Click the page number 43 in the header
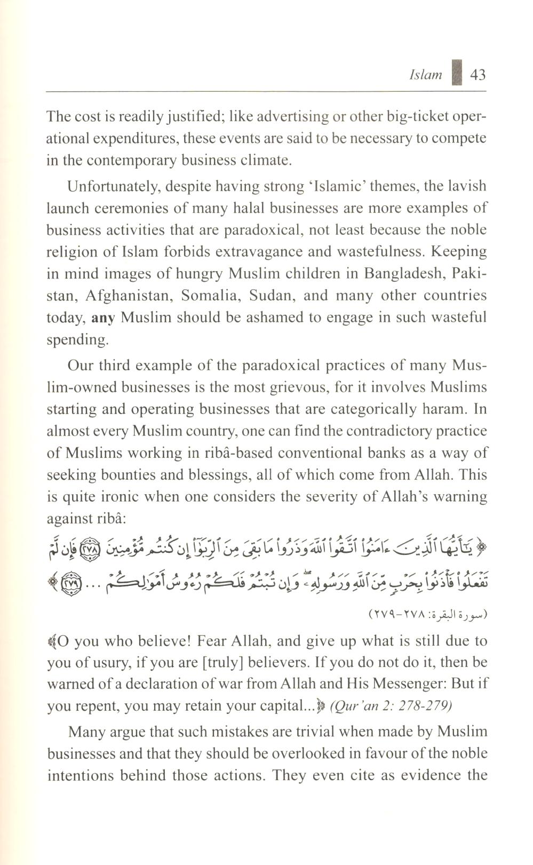[478, 74]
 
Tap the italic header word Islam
[425, 75]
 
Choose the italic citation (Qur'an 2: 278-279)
[391, 706]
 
